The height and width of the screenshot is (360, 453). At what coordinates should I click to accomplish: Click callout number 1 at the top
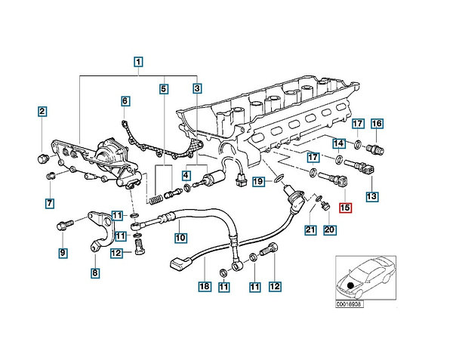tap(138, 63)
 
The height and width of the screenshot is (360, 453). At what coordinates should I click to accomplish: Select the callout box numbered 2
tap(42, 112)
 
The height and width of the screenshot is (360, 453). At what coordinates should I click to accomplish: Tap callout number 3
tap(197, 89)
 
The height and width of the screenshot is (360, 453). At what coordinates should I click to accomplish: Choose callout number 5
tap(163, 89)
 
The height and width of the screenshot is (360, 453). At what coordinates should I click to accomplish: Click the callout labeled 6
tap(125, 100)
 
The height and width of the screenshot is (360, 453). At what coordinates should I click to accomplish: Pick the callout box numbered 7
tap(49, 203)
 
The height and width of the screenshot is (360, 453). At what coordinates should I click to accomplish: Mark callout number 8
tap(94, 272)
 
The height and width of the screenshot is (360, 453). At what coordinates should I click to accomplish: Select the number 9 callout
tap(63, 252)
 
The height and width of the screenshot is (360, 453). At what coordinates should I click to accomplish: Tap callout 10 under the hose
tap(181, 238)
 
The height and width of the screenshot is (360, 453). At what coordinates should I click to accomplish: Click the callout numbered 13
tap(371, 196)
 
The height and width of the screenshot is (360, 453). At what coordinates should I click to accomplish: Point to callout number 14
tap(339, 143)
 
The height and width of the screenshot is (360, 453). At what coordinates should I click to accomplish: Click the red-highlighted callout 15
tap(346, 209)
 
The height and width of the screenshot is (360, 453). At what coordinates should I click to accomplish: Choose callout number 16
tap(377, 124)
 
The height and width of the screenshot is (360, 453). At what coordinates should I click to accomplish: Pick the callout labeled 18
tap(202, 287)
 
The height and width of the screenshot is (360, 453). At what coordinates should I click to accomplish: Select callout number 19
tap(257, 181)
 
